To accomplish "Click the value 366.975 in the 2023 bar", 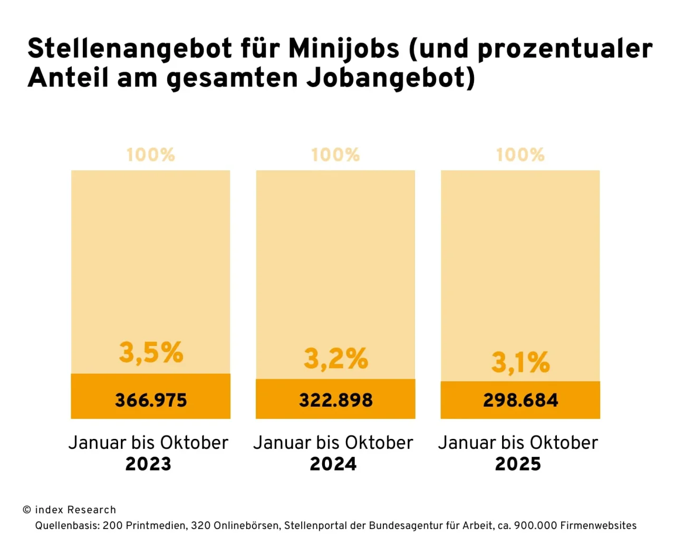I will point(151,400).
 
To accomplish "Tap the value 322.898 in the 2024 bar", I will point(336,400).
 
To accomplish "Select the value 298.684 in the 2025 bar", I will point(520,400).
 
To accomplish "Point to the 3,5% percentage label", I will point(151,352).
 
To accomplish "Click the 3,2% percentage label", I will point(336,359).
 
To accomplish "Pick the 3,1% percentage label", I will point(520,362).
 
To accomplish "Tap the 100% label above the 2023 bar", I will point(151,155).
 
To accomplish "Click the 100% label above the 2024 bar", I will point(335,155).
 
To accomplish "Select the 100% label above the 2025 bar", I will point(520,155).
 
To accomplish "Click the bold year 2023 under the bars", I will point(148,464).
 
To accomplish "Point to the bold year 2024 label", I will point(333,464).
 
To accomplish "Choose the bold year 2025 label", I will point(518,464).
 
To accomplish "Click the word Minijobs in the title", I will point(344,49).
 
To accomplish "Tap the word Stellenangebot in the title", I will point(130,49).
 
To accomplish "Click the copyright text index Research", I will point(75,510).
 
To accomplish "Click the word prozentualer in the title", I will point(565,49).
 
